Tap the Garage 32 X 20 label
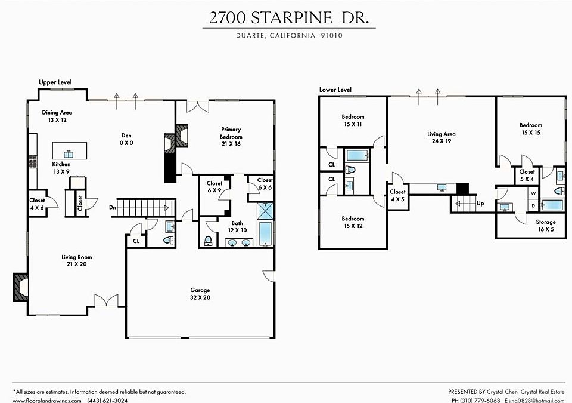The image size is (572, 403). click(x=200, y=294)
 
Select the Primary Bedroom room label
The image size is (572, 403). click(x=231, y=136)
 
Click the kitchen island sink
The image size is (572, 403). click(x=69, y=154)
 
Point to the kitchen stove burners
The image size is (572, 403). click(x=33, y=161)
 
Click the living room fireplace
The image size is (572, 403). click(x=20, y=287)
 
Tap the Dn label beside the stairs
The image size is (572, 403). click(x=113, y=207)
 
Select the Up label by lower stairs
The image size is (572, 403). click(x=480, y=203)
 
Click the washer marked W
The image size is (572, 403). click(x=533, y=193)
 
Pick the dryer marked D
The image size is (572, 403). click(x=533, y=205)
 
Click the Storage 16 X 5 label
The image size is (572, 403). click(x=546, y=226)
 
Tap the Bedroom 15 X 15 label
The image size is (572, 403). click(x=531, y=129)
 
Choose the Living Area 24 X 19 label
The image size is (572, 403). click(x=442, y=137)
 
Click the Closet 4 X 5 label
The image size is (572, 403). click(x=397, y=196)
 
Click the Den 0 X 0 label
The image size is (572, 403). click(x=126, y=139)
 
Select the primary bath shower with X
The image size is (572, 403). click(x=265, y=211)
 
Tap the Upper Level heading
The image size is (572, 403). click(x=55, y=82)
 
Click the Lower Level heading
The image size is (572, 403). click(x=335, y=90)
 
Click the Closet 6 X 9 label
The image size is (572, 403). click(x=214, y=187)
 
